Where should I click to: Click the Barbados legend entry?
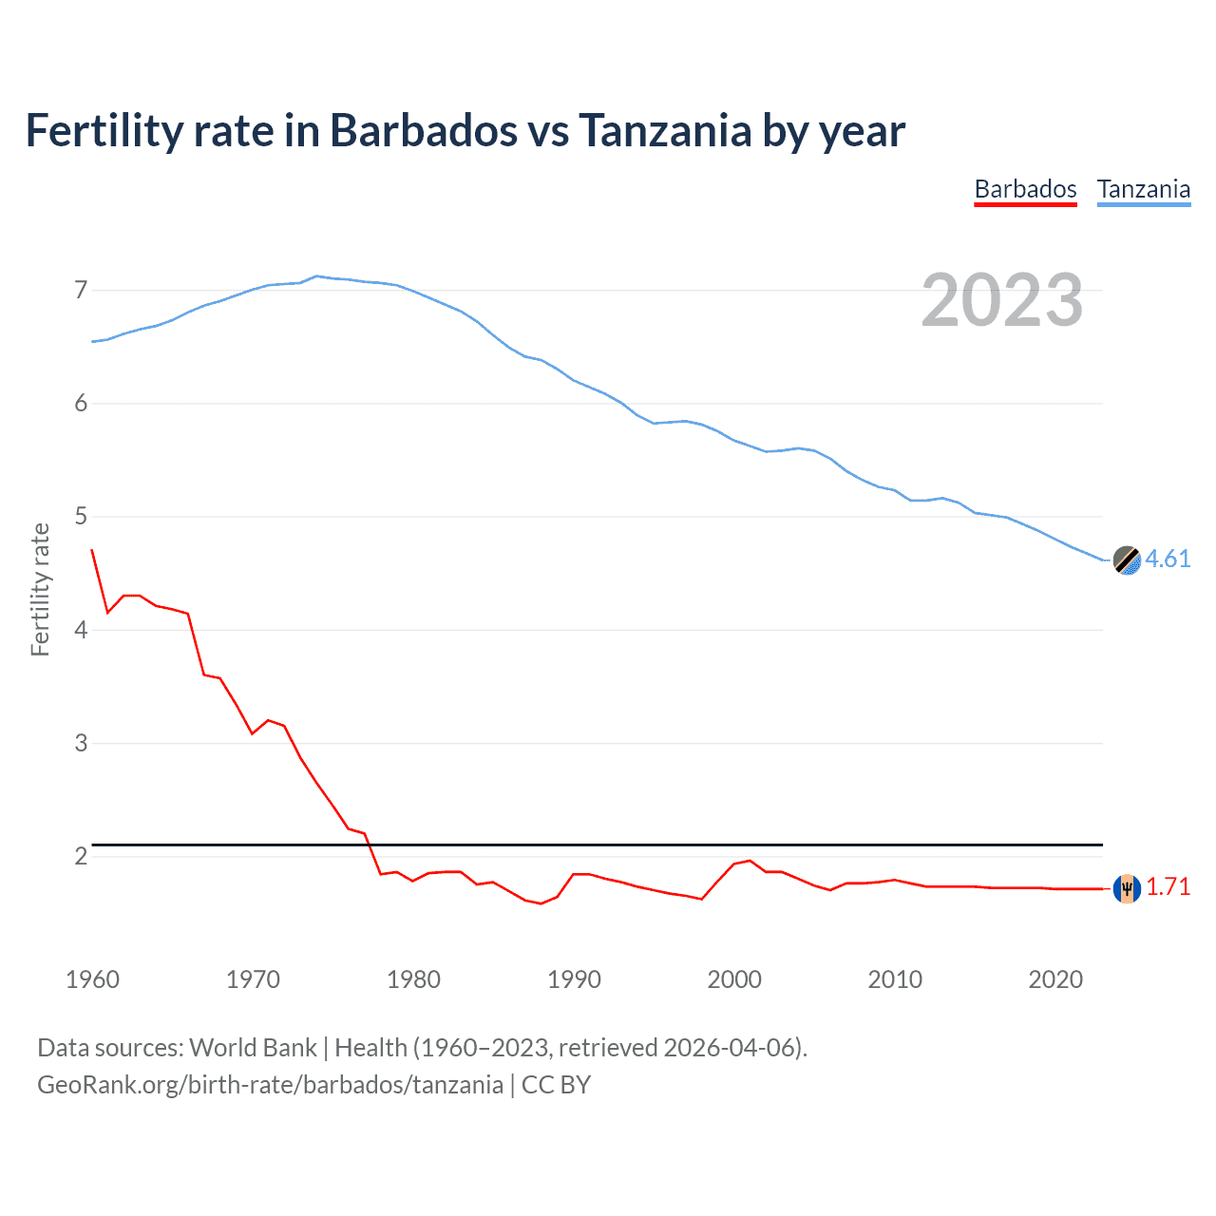pyautogui.click(x=1025, y=189)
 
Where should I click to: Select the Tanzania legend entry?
pyautogui.click(x=1143, y=189)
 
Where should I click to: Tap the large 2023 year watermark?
pyautogui.click(x=1001, y=300)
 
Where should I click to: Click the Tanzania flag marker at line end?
pyautogui.click(x=1127, y=560)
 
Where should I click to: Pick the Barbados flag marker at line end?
pyautogui.click(x=1127, y=888)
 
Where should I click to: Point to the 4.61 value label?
pyautogui.click(x=1168, y=559)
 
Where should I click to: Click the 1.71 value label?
pyautogui.click(x=1168, y=886)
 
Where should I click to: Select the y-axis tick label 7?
pyautogui.click(x=81, y=290)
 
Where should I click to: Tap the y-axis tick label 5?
pyautogui.click(x=81, y=517)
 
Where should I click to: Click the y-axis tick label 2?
pyautogui.click(x=81, y=856)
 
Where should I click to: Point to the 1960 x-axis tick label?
pyautogui.click(x=92, y=979)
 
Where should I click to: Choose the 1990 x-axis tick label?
pyautogui.click(x=574, y=979)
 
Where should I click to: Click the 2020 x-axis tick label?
pyautogui.click(x=1055, y=979)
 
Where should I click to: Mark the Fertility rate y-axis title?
pyautogui.click(x=40, y=589)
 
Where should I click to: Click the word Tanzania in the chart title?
pyautogui.click(x=665, y=130)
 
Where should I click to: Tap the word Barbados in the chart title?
pyautogui.click(x=424, y=130)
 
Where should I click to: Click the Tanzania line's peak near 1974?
pyautogui.click(x=316, y=276)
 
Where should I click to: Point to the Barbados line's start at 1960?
pyautogui.click(x=92, y=550)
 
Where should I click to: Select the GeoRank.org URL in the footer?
pyautogui.click(x=270, y=1084)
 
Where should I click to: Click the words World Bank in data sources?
pyautogui.click(x=253, y=1047)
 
